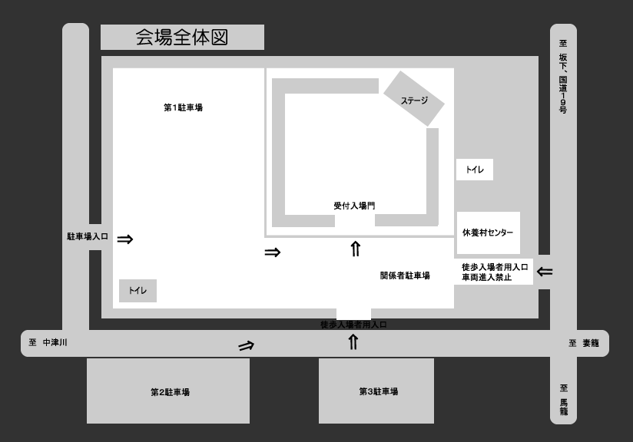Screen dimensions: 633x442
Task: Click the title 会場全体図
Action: point(182,37)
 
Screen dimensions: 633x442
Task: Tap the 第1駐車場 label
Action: point(183,107)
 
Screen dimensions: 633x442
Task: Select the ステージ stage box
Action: point(414,99)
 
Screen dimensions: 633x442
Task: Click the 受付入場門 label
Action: point(354,206)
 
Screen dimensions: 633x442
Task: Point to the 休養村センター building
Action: point(488,233)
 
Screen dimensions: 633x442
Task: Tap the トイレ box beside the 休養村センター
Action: point(474,170)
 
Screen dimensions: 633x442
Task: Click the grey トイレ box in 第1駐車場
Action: point(138,291)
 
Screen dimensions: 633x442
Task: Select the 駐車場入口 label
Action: point(88,237)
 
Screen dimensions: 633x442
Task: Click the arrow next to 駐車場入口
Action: point(125,239)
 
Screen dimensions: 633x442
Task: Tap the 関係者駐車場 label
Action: point(405,275)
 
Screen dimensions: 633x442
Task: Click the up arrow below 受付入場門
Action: point(355,249)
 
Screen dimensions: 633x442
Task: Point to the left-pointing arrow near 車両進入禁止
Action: point(545,272)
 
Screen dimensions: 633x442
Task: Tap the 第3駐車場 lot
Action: point(376,391)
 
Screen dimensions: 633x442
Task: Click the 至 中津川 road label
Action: point(48,343)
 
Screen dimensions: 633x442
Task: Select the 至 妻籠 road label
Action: point(584,343)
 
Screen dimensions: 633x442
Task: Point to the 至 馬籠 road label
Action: point(563,400)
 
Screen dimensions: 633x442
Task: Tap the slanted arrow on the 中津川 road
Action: point(246,345)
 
